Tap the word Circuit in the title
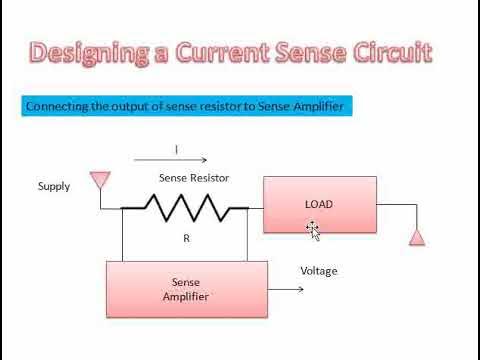tap(389, 52)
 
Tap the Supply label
tap(54, 186)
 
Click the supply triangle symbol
tap(98, 180)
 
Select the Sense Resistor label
tap(194, 177)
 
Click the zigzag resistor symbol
tap(185, 208)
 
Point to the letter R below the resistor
tap(186, 239)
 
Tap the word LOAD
tap(318, 204)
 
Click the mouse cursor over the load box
tap(313, 230)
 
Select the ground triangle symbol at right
tap(418, 238)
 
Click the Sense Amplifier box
tap(187, 289)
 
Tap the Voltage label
tap(319, 271)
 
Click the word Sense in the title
tap(306, 52)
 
